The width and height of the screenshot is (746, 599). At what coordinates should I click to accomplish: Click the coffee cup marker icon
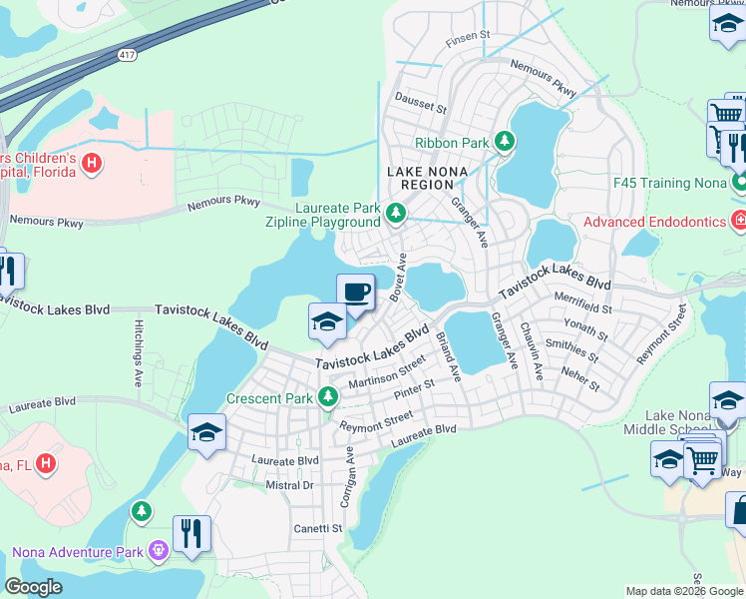[355, 292]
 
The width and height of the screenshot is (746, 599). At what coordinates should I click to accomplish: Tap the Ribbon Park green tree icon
[506, 142]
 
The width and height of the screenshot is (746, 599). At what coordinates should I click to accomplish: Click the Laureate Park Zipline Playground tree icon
[396, 212]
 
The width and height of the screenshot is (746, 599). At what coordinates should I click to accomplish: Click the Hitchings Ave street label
[137, 353]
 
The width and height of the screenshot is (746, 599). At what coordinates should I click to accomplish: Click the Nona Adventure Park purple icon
[158, 549]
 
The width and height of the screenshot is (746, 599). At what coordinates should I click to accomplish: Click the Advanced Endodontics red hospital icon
[738, 220]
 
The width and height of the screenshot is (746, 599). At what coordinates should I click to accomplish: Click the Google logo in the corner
[33, 587]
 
